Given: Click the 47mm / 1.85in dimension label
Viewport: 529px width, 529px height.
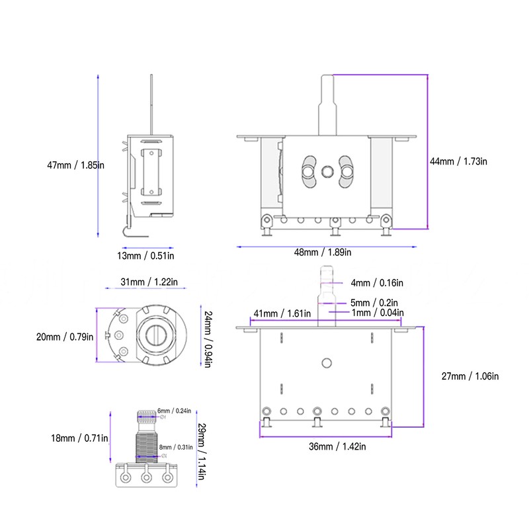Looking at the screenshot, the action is click(75, 165).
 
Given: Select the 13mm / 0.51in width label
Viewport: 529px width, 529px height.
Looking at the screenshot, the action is click(145, 256).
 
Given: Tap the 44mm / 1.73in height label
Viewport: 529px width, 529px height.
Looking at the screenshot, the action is click(458, 161).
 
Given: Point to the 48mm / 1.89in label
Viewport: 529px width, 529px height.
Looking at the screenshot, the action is click(323, 253).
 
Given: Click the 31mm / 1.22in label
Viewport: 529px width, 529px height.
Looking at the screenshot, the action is click(149, 282).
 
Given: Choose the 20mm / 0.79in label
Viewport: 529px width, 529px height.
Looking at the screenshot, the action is click(65, 337).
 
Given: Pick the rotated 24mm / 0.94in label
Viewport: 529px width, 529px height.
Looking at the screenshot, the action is click(208, 339).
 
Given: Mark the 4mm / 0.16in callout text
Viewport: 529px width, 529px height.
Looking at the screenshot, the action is click(377, 283).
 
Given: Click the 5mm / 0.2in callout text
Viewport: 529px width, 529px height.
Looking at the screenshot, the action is click(374, 303).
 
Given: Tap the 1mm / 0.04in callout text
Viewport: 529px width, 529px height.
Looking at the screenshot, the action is click(378, 313).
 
